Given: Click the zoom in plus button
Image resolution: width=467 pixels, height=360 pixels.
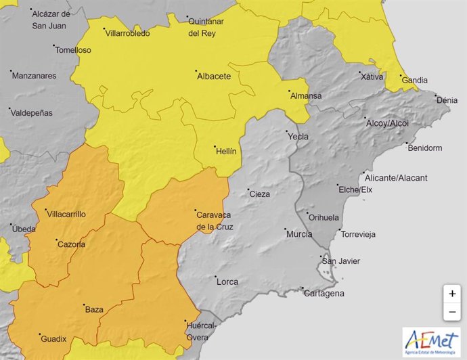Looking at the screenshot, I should (451, 294).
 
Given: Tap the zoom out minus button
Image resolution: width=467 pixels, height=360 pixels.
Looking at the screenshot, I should (451, 312).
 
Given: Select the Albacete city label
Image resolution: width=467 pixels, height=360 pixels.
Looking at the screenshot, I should (213, 76).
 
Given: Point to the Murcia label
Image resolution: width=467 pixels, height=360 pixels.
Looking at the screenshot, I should (299, 234).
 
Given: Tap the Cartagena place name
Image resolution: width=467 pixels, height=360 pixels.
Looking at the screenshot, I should (324, 293).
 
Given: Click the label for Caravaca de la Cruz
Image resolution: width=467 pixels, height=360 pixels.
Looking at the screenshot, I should (215, 220).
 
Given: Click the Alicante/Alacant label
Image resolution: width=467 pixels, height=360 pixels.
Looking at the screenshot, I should (396, 178).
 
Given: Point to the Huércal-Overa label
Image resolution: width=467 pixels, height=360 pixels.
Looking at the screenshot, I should (202, 332).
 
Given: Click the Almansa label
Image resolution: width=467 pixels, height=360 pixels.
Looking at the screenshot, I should (306, 95).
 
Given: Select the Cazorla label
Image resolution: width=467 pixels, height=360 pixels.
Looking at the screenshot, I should (72, 244).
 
